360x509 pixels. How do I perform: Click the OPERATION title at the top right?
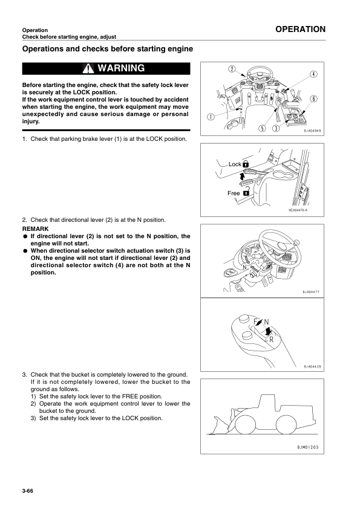(x=299, y=29)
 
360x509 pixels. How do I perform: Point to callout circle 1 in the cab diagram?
(x=209, y=117)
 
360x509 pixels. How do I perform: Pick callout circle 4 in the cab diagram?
(x=313, y=74)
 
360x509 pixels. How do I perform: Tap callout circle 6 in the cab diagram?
(x=313, y=99)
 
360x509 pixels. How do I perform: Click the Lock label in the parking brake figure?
(x=235, y=164)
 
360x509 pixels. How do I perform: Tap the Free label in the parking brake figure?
(x=234, y=193)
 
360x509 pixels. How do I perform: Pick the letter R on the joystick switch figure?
(x=271, y=339)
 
